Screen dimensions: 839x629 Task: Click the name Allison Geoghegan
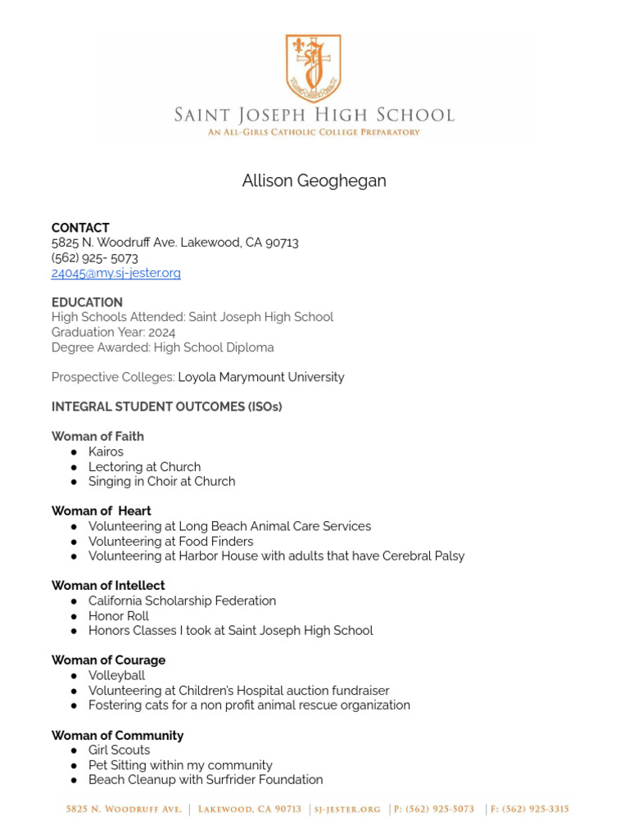(314, 181)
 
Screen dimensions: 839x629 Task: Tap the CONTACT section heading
(80, 228)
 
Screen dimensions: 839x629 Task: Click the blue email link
(115, 273)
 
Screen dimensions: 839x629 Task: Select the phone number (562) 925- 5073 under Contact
(94, 258)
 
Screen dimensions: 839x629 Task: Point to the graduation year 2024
(161, 332)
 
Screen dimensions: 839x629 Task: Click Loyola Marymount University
(260, 377)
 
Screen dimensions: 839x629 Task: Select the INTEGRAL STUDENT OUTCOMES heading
(166, 407)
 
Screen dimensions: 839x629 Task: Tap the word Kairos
(106, 451)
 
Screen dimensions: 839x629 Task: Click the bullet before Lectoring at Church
(75, 467)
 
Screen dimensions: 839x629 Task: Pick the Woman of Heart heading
(101, 511)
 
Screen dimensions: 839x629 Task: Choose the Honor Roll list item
(119, 616)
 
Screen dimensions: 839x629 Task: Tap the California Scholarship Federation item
(182, 601)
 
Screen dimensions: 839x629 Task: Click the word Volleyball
(116, 675)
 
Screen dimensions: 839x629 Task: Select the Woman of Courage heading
(108, 660)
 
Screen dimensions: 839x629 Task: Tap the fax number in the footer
(530, 810)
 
